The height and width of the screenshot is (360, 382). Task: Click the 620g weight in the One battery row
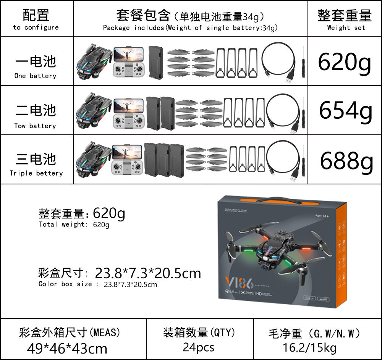pos(344,62)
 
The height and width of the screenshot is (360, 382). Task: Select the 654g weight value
pos(345,111)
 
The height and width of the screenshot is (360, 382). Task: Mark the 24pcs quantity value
pos(199,347)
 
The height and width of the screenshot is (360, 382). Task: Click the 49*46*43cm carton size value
pos(67,348)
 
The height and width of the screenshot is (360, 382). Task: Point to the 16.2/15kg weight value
pos(309,348)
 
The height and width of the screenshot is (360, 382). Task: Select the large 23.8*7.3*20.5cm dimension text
pos(148,273)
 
